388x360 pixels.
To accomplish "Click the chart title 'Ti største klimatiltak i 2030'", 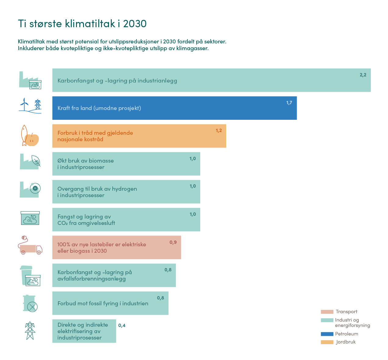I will (x=82, y=24).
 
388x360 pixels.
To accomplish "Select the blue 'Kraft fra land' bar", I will (x=174, y=108).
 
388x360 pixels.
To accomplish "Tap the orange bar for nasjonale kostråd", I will (x=139, y=136).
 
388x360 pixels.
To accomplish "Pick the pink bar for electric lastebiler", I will (x=116, y=248).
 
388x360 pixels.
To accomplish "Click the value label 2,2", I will (x=363, y=75).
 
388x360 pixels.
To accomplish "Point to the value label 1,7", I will (x=289, y=103).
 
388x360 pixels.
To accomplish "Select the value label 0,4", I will (x=122, y=325).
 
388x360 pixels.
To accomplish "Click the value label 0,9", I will (x=173, y=242).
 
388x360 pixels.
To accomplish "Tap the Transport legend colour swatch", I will (x=327, y=312).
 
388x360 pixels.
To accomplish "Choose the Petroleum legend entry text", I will (x=346, y=334).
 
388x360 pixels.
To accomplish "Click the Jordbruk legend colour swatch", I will (x=327, y=342).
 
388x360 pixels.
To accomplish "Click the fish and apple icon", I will (x=30, y=136).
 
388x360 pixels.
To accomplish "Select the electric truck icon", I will (x=30, y=246).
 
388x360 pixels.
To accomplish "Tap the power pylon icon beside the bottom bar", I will (x=30, y=331).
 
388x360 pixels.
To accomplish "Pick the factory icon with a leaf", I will (x=30, y=161).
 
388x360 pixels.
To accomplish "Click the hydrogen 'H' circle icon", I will (x=35, y=188).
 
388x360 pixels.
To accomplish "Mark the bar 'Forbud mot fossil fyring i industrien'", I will (x=110, y=303).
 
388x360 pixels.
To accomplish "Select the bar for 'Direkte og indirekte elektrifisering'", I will (x=84, y=331).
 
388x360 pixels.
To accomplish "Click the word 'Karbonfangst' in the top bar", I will (x=73, y=81).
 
